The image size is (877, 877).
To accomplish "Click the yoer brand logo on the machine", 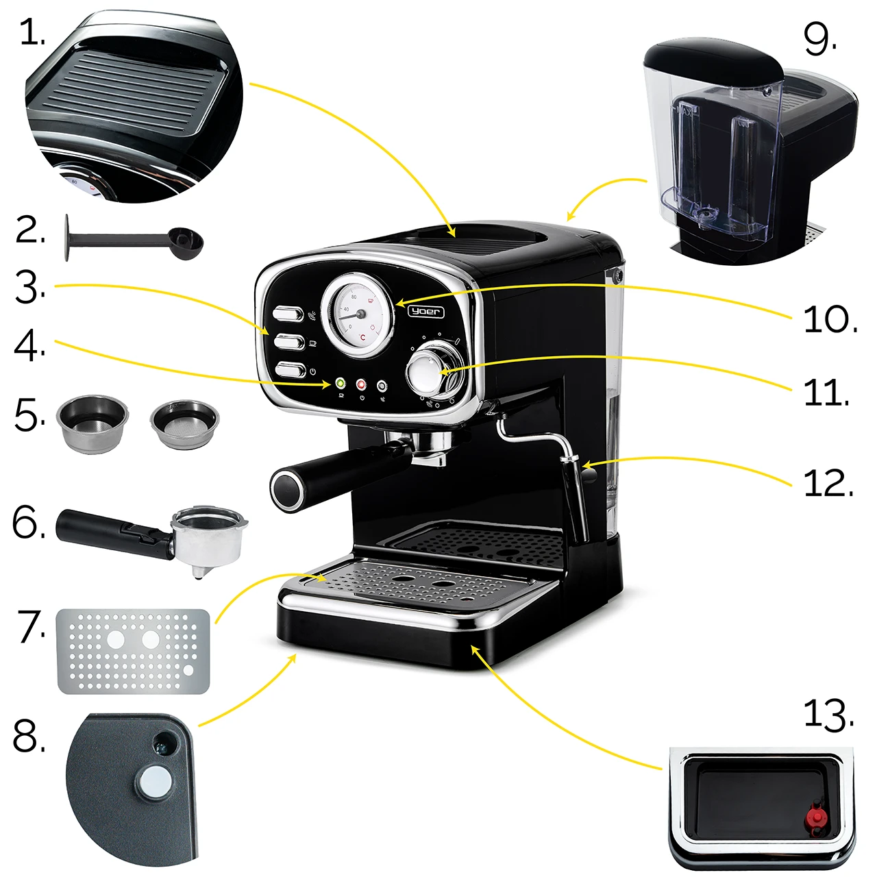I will click(425, 311).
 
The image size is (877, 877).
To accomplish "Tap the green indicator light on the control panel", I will click(341, 384).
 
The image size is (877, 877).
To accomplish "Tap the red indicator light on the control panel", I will click(361, 385).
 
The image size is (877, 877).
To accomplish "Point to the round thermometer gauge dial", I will click(358, 314).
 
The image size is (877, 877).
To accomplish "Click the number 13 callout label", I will click(828, 715).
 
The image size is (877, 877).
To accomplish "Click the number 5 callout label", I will click(29, 415).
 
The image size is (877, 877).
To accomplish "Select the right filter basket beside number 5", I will click(184, 423).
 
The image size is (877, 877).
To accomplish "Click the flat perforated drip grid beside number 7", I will click(133, 651).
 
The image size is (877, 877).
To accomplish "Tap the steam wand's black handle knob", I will click(589, 474).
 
